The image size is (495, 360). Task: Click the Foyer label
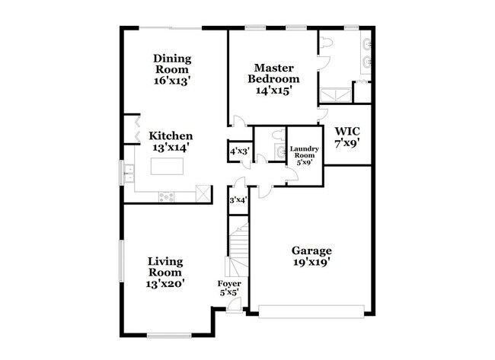click(229, 284)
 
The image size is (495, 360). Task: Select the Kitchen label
click(170, 137)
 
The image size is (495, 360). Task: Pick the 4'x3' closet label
click(239, 151)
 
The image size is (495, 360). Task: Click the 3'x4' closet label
click(238, 200)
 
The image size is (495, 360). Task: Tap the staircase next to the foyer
click(239, 251)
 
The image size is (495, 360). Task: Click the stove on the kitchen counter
click(166, 196)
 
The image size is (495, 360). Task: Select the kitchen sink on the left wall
click(130, 174)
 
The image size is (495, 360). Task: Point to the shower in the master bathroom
click(334, 95)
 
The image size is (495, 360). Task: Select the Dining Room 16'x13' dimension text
click(172, 80)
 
